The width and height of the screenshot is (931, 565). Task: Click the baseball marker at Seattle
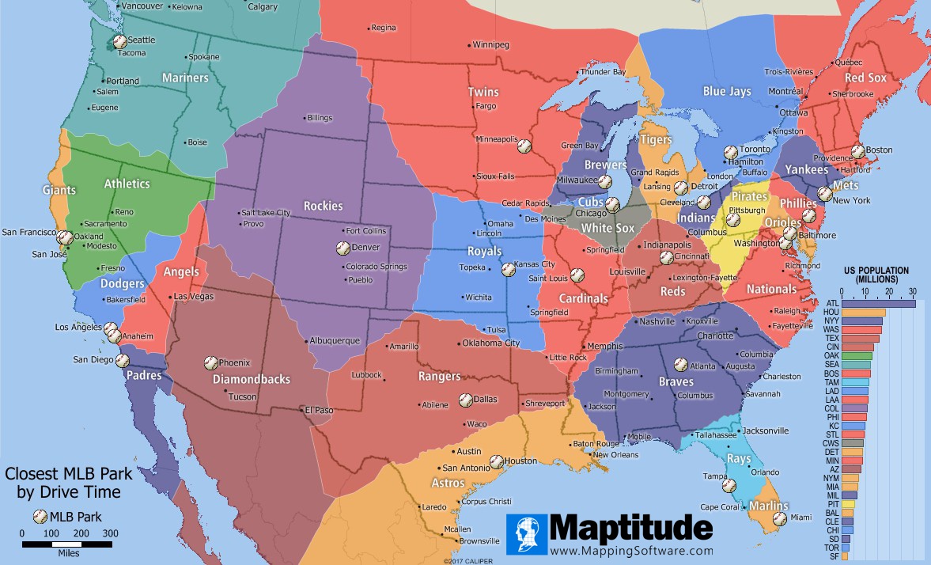pyautogui.click(x=119, y=41)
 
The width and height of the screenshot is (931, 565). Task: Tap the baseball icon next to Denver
pyautogui.click(x=343, y=248)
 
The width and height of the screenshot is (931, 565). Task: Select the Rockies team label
pyautogui.click(x=322, y=206)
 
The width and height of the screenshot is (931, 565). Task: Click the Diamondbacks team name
pyautogui.click(x=252, y=379)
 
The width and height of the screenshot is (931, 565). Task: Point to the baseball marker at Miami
pyautogui.click(x=779, y=518)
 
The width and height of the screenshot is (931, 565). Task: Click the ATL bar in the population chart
pyautogui.click(x=878, y=303)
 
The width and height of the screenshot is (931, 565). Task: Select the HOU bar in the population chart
pyautogui.click(x=863, y=313)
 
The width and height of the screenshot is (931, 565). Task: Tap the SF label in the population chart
pyautogui.click(x=831, y=557)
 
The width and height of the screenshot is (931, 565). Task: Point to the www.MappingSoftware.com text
pyautogui.click(x=631, y=550)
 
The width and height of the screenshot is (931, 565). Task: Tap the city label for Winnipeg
pyautogui.click(x=490, y=44)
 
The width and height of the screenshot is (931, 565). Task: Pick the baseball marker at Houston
pyautogui.click(x=496, y=461)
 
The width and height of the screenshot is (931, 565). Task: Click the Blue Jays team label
pyautogui.click(x=727, y=92)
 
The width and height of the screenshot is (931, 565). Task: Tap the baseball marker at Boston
pyautogui.click(x=857, y=150)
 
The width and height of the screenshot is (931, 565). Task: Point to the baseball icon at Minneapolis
pyautogui.click(x=523, y=146)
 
